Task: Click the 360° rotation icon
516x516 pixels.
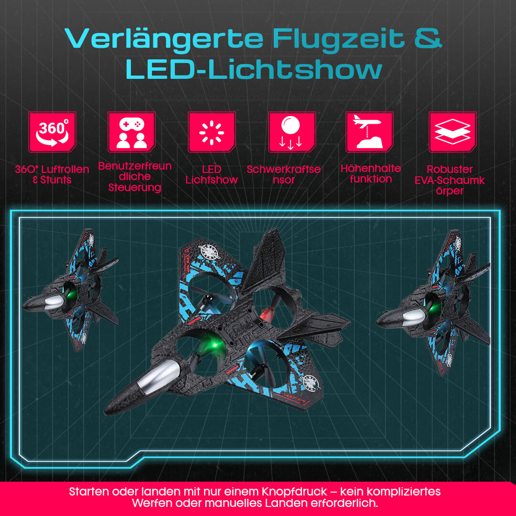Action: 53,132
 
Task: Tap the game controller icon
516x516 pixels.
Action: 132,132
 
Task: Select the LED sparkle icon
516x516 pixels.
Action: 212,132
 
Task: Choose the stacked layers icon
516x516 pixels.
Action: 452,132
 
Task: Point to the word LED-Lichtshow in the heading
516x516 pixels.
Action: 254,69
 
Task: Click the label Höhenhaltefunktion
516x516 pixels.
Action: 371,174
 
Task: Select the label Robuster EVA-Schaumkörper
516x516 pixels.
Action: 450,180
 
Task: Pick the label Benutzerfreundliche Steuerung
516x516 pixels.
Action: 135,177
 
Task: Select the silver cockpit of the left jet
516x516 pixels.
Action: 54,302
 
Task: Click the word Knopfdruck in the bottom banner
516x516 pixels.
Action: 294,492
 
